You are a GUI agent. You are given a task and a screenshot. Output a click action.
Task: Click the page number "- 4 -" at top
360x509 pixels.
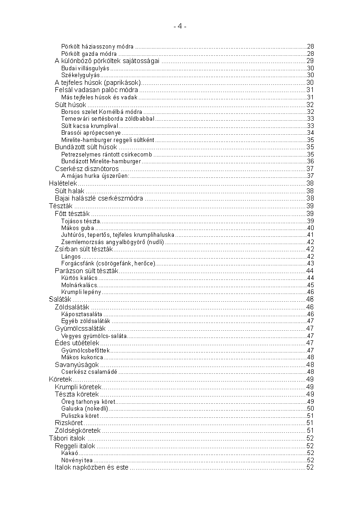point(180,27)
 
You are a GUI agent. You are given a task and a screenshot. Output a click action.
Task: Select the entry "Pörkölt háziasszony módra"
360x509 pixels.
point(98,47)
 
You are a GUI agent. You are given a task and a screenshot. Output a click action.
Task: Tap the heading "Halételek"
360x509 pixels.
point(62,183)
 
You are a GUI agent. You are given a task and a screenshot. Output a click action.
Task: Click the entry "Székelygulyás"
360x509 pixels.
point(80,75)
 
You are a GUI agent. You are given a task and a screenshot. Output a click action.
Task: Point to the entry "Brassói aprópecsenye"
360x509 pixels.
point(91,133)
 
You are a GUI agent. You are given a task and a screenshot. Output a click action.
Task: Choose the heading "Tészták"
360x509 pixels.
point(60,206)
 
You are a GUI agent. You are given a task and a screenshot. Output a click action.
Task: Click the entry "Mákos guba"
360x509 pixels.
point(77,228)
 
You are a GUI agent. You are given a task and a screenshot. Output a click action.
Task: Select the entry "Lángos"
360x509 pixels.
point(71,257)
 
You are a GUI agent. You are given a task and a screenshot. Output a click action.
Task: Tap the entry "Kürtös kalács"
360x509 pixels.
point(79,278)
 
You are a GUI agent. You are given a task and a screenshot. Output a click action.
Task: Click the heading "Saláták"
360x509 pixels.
point(60,299)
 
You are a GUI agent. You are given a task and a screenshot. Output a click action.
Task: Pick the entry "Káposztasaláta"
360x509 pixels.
point(82,314)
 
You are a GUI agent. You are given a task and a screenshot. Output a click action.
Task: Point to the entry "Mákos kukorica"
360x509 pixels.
point(82,357)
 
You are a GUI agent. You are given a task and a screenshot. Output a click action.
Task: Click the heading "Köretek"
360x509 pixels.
point(60,379)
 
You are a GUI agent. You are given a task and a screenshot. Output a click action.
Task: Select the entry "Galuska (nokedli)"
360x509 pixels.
point(84,408)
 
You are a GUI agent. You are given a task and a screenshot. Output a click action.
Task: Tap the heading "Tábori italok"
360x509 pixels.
point(67,438)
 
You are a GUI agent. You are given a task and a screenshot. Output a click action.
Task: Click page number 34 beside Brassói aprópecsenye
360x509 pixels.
point(311,133)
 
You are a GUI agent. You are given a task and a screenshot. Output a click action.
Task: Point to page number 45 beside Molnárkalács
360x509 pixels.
point(311,285)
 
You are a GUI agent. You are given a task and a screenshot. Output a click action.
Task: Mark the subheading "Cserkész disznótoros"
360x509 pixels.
point(87,169)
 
